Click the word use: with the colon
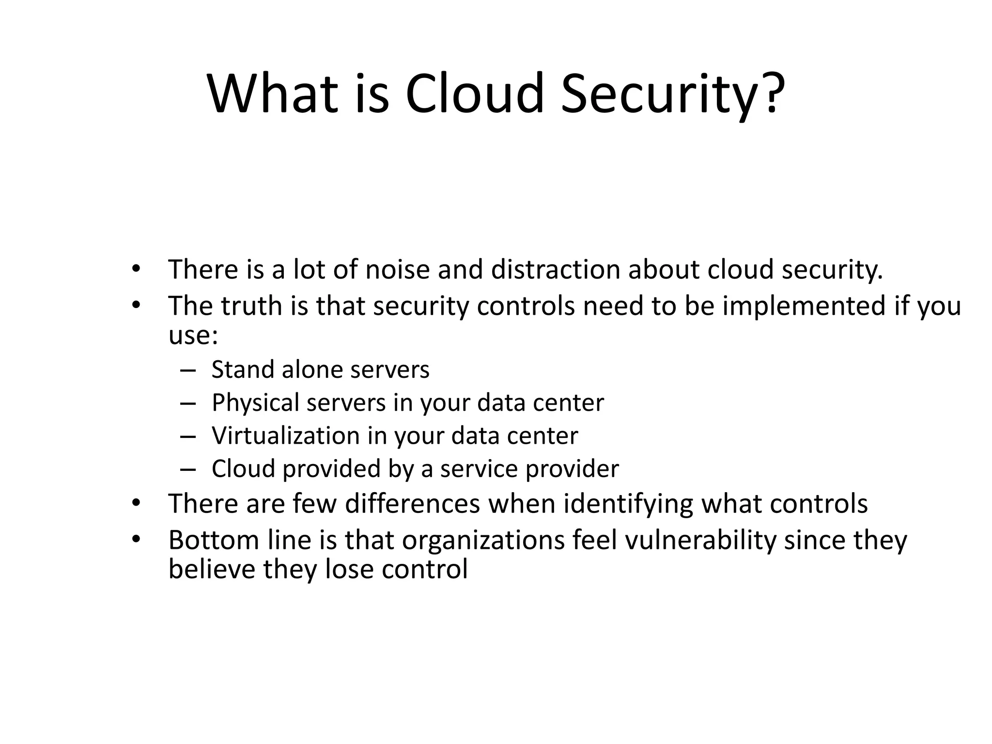(x=193, y=335)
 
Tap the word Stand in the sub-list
(x=243, y=370)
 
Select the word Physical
(x=255, y=403)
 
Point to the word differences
(x=412, y=503)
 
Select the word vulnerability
(x=700, y=540)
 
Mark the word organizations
(x=483, y=540)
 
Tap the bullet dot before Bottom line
(x=136, y=539)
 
